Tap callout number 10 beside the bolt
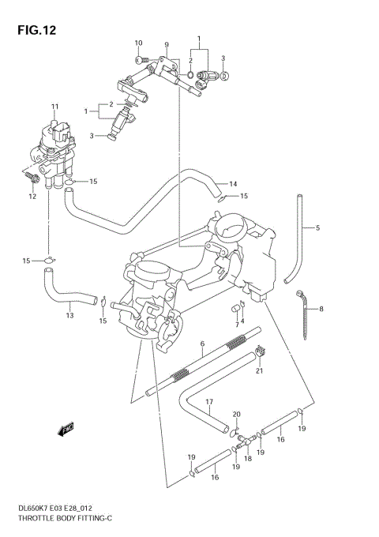[x=138, y=43]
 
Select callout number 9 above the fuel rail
[x=167, y=44]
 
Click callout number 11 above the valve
[x=55, y=107]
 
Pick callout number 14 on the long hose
[x=232, y=184]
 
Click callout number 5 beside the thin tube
[x=317, y=228]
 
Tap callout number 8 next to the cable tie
[x=321, y=309]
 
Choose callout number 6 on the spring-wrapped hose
[x=202, y=344]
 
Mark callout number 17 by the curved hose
[x=210, y=402]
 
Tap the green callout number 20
[x=235, y=415]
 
